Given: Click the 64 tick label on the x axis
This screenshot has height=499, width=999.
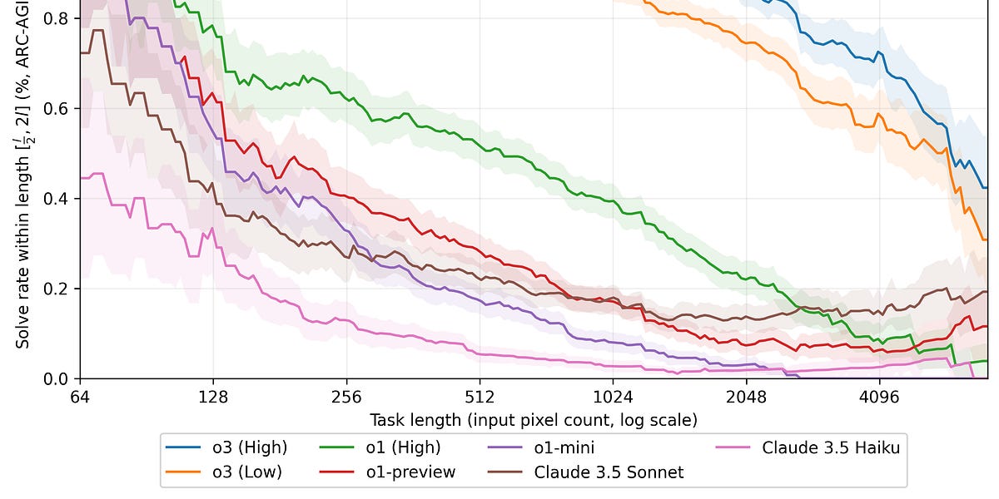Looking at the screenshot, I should pos(80,397).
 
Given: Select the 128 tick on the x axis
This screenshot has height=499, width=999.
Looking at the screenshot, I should pos(213,397).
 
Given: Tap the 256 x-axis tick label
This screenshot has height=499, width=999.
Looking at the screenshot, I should pos(346,397).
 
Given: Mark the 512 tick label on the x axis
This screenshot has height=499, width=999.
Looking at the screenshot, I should pos(480,397).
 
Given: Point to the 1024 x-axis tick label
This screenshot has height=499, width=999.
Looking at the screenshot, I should pos(613,397).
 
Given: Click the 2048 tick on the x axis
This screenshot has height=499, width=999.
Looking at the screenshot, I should pos(746,397).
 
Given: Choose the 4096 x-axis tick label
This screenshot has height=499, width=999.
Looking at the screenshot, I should pos(879,397).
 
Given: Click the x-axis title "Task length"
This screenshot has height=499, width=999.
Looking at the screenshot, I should pos(534,418).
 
